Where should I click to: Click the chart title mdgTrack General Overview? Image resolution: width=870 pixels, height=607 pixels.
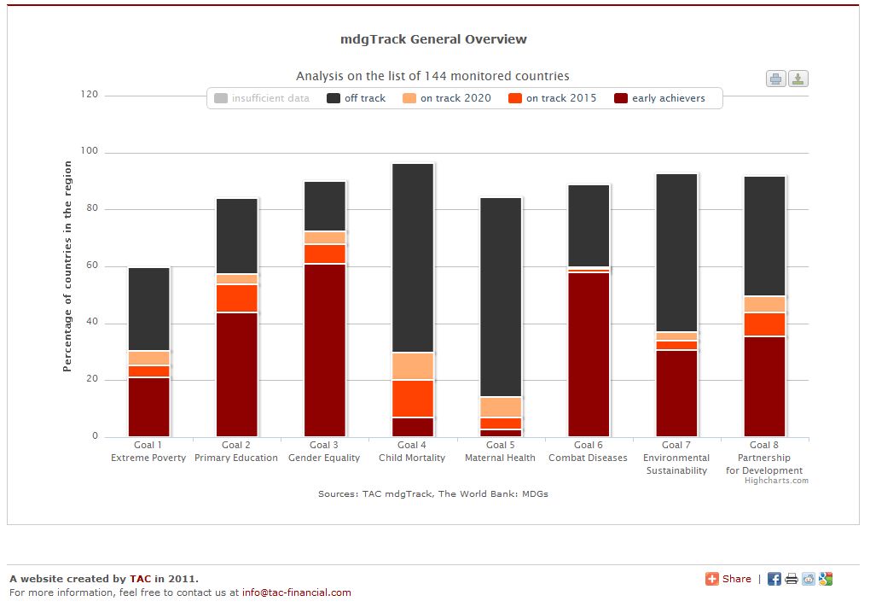point(433,39)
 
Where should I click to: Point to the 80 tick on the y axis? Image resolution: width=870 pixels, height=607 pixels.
point(90,209)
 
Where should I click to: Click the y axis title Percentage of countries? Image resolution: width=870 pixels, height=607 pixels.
point(67,266)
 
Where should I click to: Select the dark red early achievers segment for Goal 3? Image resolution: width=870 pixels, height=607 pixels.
point(325,350)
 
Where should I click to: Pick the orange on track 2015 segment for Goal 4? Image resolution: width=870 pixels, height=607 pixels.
point(413,399)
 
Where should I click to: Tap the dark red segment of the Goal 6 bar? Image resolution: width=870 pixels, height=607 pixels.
point(589,354)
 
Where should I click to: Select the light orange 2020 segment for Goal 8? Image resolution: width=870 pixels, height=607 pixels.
point(764,305)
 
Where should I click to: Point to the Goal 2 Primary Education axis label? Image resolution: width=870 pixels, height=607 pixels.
point(236,452)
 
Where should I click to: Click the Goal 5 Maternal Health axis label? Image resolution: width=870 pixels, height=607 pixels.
point(500,452)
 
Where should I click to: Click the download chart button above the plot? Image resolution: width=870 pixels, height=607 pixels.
point(797,79)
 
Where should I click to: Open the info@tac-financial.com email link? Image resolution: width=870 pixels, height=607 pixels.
point(296,592)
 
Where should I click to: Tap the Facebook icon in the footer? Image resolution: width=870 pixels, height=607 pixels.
point(774,579)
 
